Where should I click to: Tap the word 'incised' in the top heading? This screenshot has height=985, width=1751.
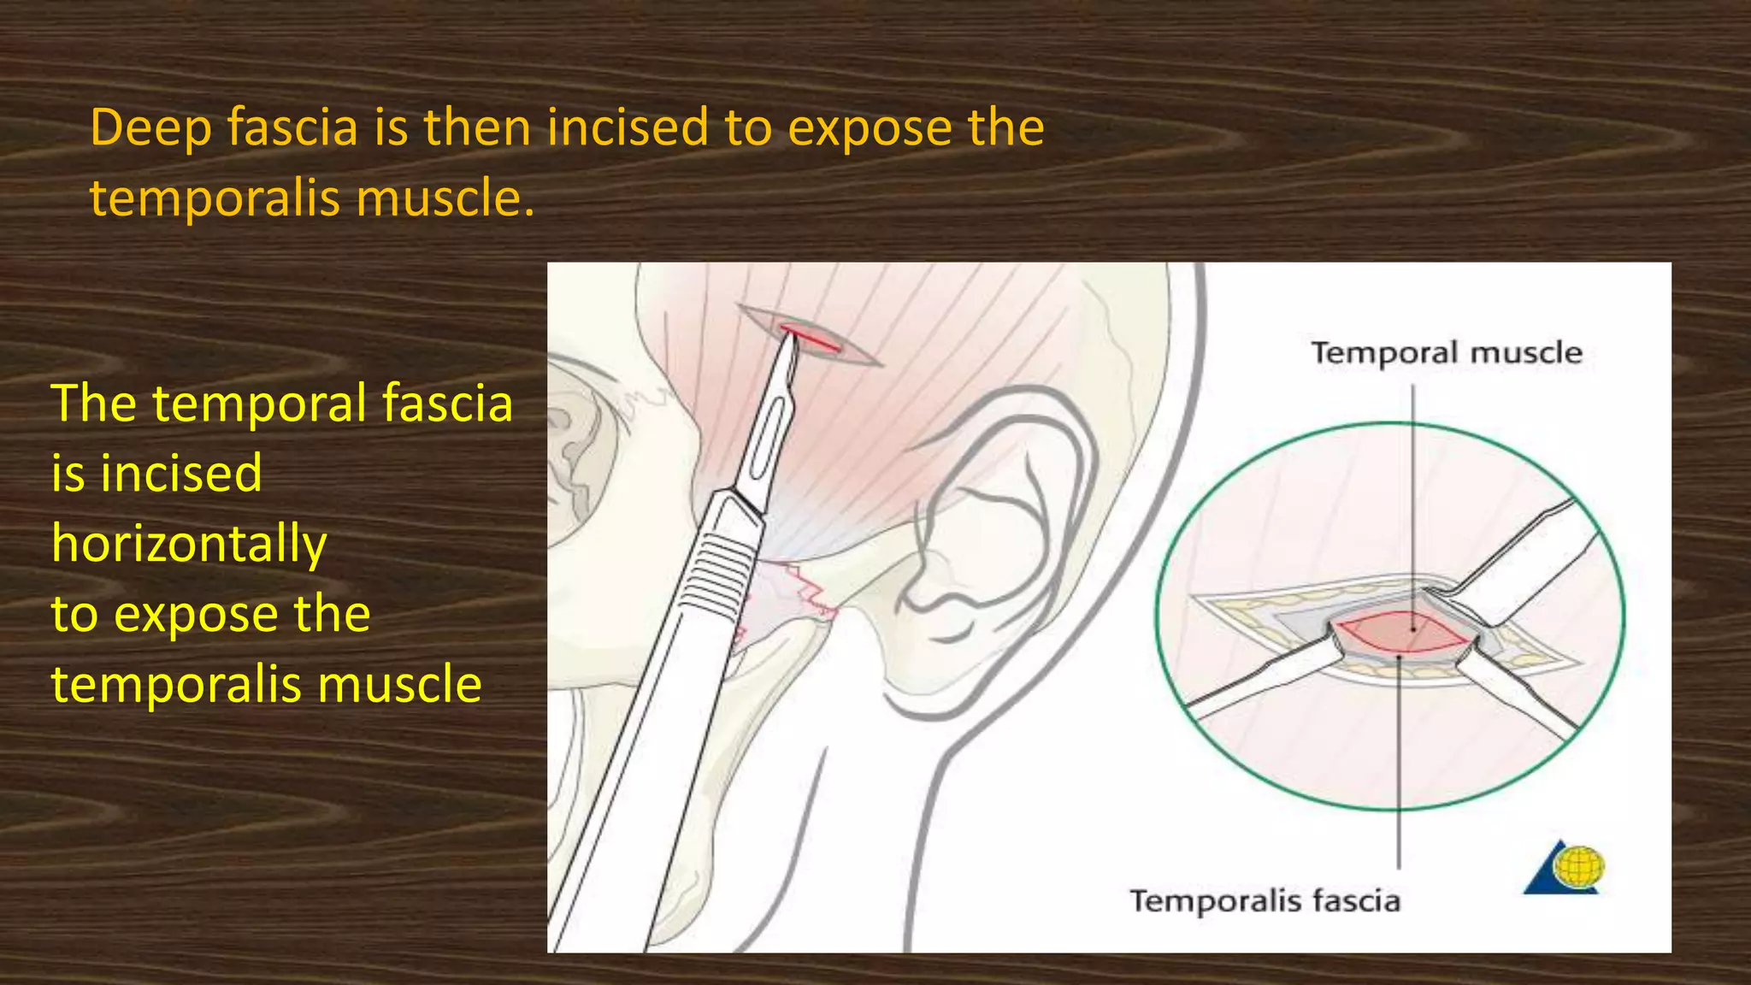point(628,127)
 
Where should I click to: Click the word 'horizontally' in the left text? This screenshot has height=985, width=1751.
point(189,545)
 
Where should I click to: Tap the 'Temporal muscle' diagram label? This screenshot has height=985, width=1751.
point(1447,353)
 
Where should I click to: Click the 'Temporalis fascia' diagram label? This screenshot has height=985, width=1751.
point(1265,901)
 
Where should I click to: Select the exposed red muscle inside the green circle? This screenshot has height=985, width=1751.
point(1402,632)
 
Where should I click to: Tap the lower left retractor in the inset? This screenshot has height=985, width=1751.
point(1257,680)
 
